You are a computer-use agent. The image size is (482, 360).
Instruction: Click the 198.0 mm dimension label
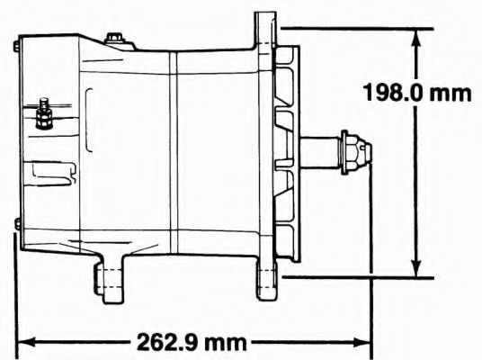tap(417, 93)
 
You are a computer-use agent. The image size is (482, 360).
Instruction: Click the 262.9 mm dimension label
tap(192, 342)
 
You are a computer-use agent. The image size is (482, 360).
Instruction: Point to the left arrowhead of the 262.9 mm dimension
tap(27, 342)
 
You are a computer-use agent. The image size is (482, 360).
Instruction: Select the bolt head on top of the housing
tap(114, 40)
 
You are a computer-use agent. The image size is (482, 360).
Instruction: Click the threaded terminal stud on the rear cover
tap(44, 113)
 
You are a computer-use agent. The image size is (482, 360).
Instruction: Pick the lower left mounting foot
tap(110, 279)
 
